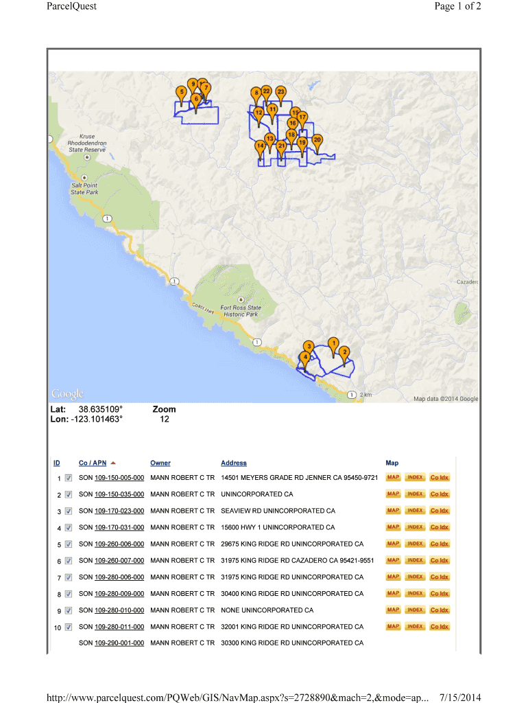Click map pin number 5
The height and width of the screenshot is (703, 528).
click(x=181, y=92)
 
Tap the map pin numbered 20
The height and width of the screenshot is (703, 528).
click(x=317, y=140)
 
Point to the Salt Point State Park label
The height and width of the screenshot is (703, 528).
click(x=84, y=189)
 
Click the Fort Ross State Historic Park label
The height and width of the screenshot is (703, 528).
click(x=240, y=311)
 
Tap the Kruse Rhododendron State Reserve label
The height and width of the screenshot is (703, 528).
click(x=86, y=143)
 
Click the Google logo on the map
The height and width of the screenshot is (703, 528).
click(x=67, y=393)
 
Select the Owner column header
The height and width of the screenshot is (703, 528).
click(x=160, y=463)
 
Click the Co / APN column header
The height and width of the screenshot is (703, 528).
click(x=93, y=463)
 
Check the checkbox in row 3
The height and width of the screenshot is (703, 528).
click(x=69, y=511)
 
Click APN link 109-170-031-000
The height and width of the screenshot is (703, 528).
click(x=119, y=527)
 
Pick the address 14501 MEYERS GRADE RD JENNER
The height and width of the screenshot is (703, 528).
click(x=299, y=478)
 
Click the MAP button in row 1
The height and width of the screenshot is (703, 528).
click(x=393, y=477)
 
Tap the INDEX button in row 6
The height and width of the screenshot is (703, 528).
click(x=415, y=560)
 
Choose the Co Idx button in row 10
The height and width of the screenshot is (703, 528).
click(x=440, y=627)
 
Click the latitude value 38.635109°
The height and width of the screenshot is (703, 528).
click(x=101, y=409)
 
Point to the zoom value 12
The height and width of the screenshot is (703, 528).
click(x=165, y=419)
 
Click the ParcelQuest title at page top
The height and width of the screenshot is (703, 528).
click(x=71, y=6)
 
